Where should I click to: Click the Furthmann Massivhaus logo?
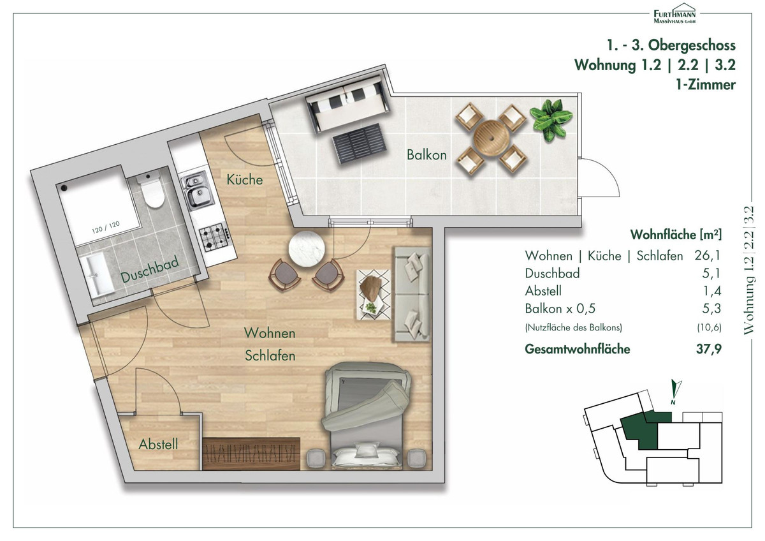click(x=674, y=13)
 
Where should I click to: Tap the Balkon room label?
click(x=426, y=155)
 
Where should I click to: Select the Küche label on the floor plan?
click(x=245, y=180)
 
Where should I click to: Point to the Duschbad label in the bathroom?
click(x=150, y=270)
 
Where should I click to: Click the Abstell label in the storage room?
click(x=158, y=444)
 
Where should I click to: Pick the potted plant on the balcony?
click(x=551, y=119)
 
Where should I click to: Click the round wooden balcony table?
click(x=492, y=137)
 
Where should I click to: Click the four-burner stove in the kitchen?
click(x=214, y=237)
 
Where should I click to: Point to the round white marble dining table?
click(x=307, y=249)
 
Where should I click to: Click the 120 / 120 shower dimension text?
click(x=106, y=228)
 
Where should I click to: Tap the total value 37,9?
click(x=709, y=349)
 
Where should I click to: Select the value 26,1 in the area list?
click(x=707, y=255)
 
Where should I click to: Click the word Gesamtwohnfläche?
click(x=577, y=349)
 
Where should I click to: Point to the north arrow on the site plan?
click(x=676, y=392)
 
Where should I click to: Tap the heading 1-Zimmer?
click(x=706, y=85)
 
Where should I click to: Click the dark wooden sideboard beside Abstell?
click(x=251, y=454)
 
